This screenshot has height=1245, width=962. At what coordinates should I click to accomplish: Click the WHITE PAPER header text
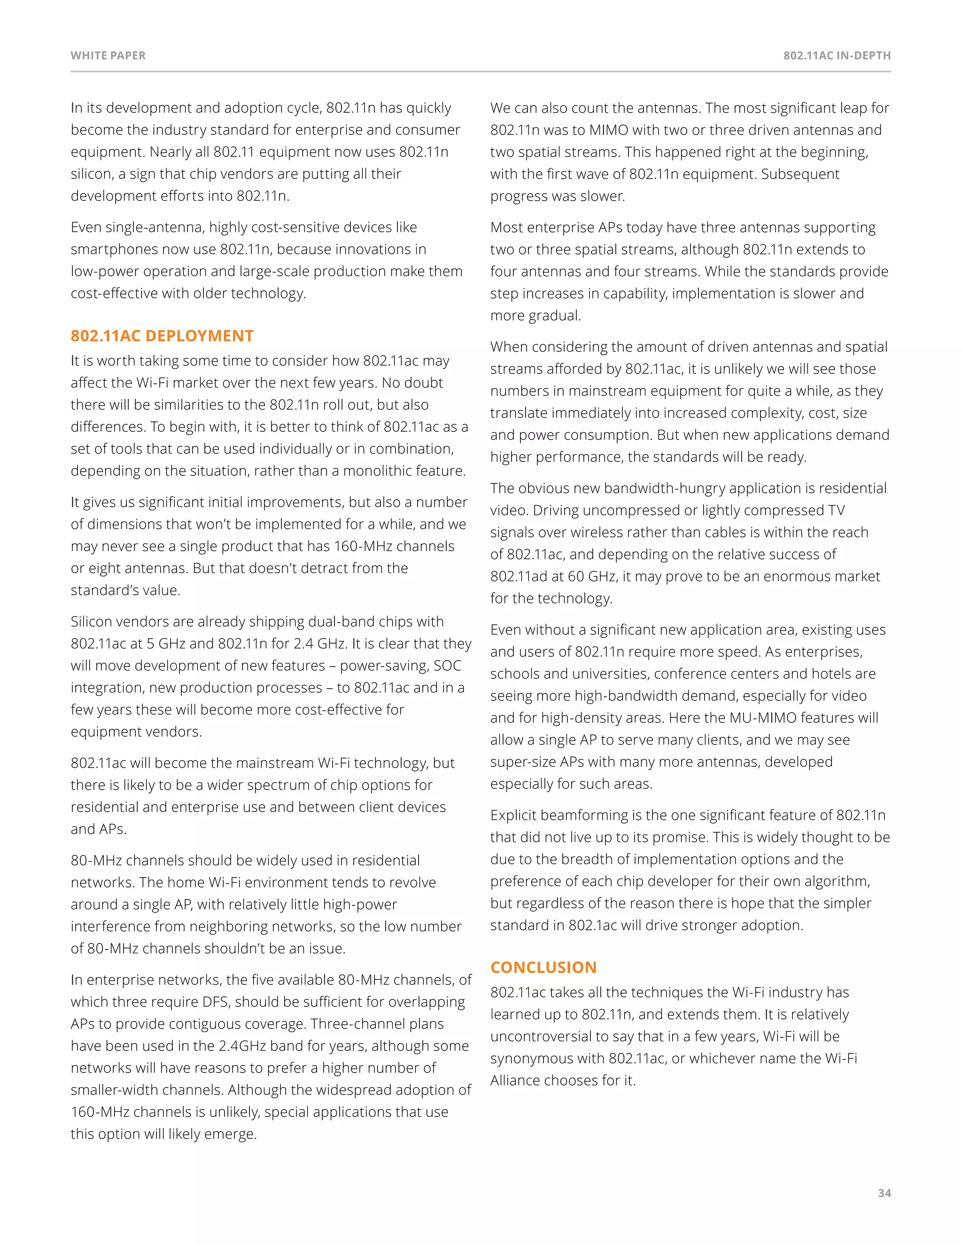point(109,56)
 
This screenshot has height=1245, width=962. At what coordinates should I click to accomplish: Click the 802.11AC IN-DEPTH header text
point(837,56)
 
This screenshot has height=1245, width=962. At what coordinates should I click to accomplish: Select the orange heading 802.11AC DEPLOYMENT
point(162,336)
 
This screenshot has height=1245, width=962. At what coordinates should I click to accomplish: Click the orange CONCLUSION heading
point(543,967)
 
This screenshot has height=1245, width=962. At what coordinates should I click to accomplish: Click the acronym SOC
point(447,665)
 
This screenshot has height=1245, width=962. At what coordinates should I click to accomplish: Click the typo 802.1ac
point(592,925)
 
